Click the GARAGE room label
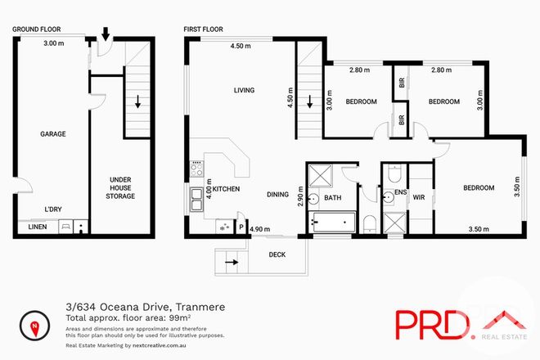click(52, 133)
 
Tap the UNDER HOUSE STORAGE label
click(120, 187)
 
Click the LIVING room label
click(244, 91)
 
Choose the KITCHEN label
click(226, 189)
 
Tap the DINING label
click(279, 194)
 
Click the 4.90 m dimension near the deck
click(259, 230)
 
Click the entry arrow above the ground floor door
click(105, 34)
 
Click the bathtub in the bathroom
click(333, 222)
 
